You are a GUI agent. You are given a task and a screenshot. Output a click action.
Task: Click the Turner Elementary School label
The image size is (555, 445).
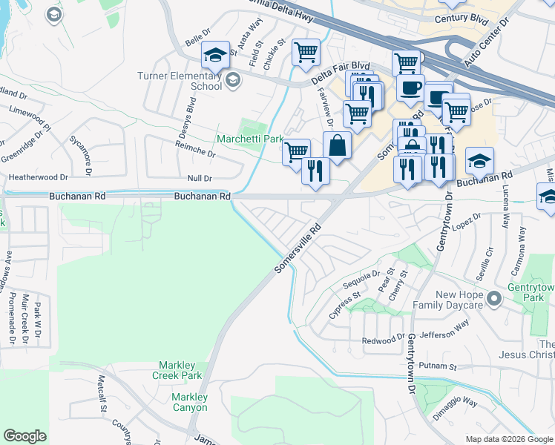(x=180, y=81)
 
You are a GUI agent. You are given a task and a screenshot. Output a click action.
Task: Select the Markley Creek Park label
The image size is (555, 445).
(x=180, y=371)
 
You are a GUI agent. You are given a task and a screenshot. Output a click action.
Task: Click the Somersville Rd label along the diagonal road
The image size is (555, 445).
(x=301, y=248)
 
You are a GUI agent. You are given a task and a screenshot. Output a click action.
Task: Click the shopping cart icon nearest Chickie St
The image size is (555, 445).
(x=306, y=52)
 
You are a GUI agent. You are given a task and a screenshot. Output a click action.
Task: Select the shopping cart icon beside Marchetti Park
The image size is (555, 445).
(x=296, y=151)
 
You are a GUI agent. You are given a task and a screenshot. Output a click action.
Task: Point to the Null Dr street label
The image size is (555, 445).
(x=200, y=178)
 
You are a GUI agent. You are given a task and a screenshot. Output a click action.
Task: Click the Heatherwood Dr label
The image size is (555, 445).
(x=38, y=178)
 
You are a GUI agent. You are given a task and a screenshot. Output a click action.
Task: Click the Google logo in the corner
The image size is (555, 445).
(x=24, y=436)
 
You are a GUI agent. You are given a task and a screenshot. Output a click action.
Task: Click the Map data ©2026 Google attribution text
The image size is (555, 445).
(x=508, y=438)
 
